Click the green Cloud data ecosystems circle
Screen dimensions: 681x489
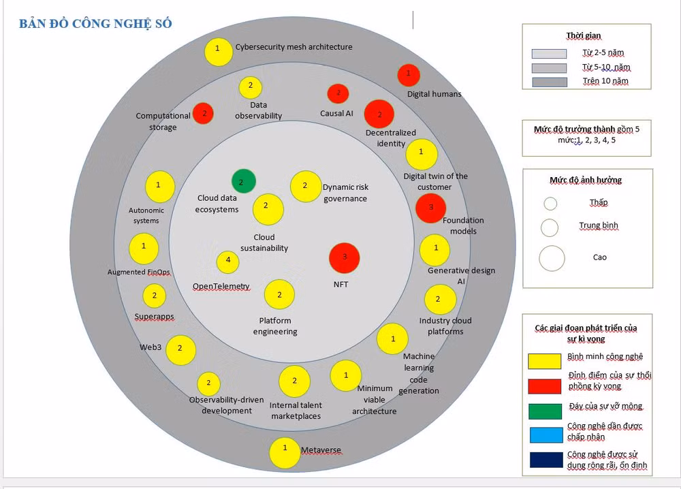tap(243, 181)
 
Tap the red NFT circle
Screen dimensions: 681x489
tap(345, 258)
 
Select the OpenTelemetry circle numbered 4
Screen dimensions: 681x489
tap(227, 262)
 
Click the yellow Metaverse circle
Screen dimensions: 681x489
tap(285, 452)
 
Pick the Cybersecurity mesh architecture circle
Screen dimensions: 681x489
tap(219, 52)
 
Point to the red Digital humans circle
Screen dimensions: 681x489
tap(408, 75)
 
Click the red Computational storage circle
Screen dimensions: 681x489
tap(203, 114)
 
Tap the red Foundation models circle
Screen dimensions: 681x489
tap(430, 208)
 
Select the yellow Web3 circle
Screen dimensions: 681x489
tap(180, 350)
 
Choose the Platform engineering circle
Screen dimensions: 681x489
tap(279, 295)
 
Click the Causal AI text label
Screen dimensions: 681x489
tap(336, 113)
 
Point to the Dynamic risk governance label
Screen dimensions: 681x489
tap(346, 193)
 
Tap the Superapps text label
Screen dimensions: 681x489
tap(154, 317)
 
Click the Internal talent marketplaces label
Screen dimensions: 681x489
tap(296, 411)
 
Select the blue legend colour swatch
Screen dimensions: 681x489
tap(546, 435)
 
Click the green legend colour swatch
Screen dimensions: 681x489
tap(545, 411)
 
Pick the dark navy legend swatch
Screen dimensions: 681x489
tap(546, 460)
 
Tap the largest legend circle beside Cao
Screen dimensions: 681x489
tap(552, 258)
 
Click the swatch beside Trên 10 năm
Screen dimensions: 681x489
tap(550, 82)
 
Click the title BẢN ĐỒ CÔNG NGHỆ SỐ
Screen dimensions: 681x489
tap(95, 24)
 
